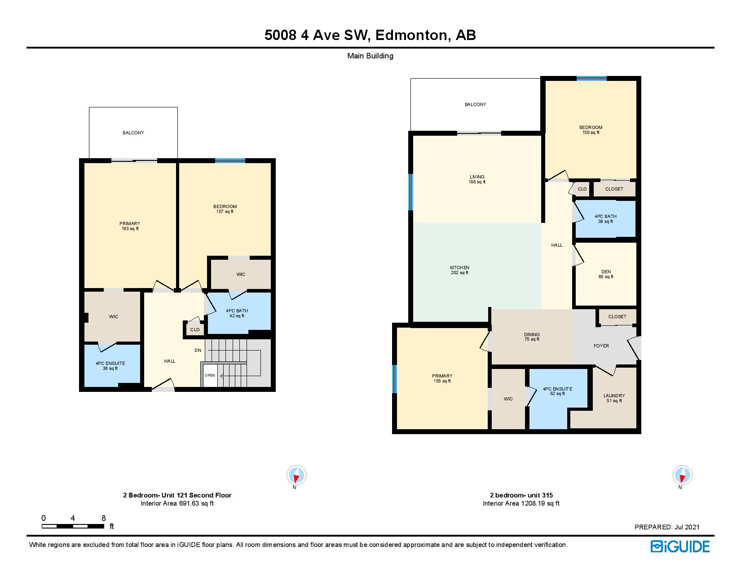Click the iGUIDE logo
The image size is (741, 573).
tap(679, 546)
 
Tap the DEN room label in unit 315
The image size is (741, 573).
tap(606, 274)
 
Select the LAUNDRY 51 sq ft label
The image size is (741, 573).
tap(614, 398)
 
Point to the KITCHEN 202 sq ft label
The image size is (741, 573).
tap(460, 270)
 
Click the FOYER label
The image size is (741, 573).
tap(601, 346)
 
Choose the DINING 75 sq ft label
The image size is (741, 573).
tap(532, 337)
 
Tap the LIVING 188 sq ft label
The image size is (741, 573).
tap(477, 179)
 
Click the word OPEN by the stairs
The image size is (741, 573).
tap(210, 375)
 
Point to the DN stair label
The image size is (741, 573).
tap(198, 350)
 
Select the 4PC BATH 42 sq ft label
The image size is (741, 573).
tap(237, 313)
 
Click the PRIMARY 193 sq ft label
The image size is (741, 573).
tap(130, 226)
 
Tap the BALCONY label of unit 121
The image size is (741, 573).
tap(133, 133)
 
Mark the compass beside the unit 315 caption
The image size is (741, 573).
tap(682, 475)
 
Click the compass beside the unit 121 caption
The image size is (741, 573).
tap(296, 475)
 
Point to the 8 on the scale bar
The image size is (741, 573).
tap(104, 518)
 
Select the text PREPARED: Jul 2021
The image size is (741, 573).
tap(666, 527)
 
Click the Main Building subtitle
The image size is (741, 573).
tap(370, 56)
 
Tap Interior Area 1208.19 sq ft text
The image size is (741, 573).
tap(521, 503)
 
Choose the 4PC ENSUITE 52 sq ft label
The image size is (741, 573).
tap(557, 391)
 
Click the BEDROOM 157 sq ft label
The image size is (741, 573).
tap(225, 209)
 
